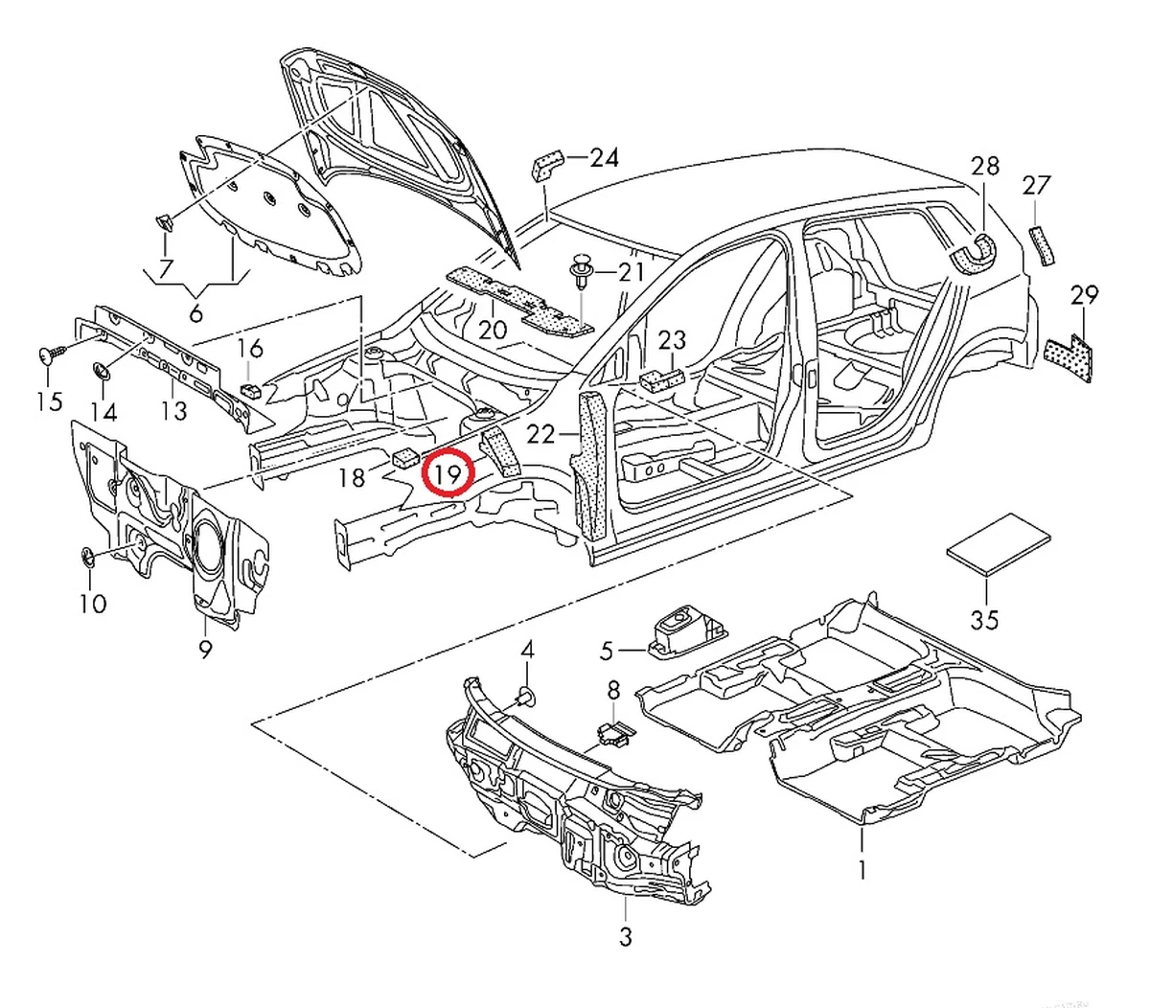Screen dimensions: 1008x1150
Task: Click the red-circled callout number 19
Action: (450, 472)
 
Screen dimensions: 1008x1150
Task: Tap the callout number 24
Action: (604, 157)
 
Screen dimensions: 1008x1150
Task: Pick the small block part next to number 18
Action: (404, 456)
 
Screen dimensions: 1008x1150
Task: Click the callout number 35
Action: (984, 619)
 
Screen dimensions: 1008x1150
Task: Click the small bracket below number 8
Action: (613, 733)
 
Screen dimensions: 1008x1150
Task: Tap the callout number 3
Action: (625, 935)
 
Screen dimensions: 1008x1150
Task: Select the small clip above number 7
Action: (164, 222)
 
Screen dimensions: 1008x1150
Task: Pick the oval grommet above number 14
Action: (103, 371)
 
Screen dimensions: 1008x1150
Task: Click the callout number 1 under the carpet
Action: (862, 869)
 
